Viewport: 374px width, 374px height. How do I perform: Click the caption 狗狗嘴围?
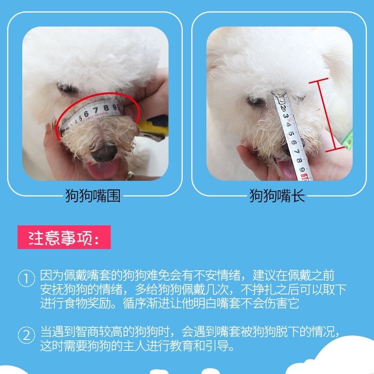click(93, 196)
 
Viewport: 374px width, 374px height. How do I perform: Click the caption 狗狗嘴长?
click(277, 196)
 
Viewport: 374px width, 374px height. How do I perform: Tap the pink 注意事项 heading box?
click(64, 237)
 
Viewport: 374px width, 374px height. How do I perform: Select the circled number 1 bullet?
click(26, 278)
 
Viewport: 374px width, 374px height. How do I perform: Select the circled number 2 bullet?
click(26, 335)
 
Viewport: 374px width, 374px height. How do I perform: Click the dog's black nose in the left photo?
click(104, 154)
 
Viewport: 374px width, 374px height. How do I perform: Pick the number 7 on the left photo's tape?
click(96, 110)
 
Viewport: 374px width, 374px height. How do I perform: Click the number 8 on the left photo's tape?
click(106, 108)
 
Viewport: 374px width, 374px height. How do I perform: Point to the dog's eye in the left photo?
click(67, 89)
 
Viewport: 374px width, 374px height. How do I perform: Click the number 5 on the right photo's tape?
click(291, 134)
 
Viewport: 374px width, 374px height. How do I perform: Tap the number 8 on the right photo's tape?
click(300, 160)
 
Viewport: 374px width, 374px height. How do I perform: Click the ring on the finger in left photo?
click(130, 176)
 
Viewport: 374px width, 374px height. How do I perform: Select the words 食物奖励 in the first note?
click(87, 303)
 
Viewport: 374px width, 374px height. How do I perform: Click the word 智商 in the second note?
click(87, 331)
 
